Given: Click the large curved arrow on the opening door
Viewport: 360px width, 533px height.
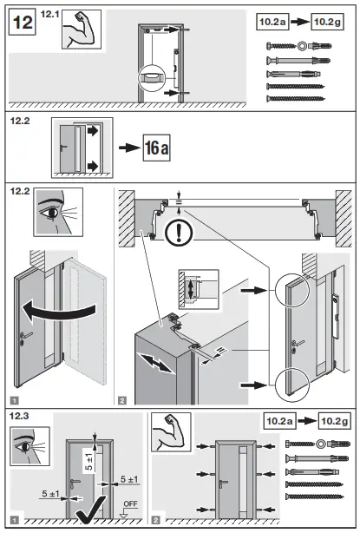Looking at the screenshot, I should click(x=69, y=310).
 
